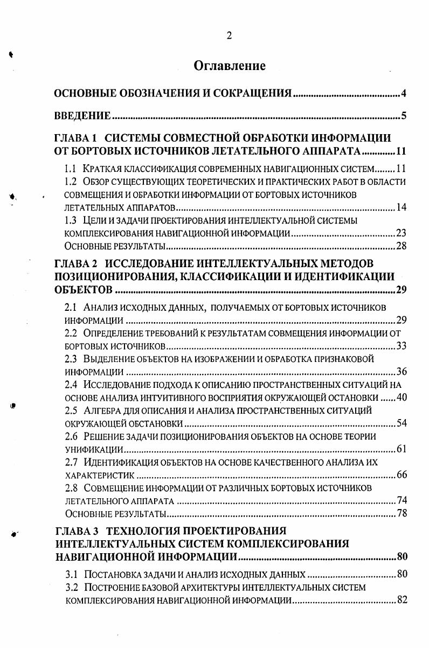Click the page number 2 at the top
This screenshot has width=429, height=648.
tap(229, 36)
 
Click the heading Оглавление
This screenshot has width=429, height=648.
tap(230, 66)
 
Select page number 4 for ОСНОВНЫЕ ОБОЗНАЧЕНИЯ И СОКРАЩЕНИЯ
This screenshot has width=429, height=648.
tap(403, 95)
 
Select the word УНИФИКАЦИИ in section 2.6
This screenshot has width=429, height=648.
tap(94, 449)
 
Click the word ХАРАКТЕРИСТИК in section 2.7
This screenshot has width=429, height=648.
tap(100, 475)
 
